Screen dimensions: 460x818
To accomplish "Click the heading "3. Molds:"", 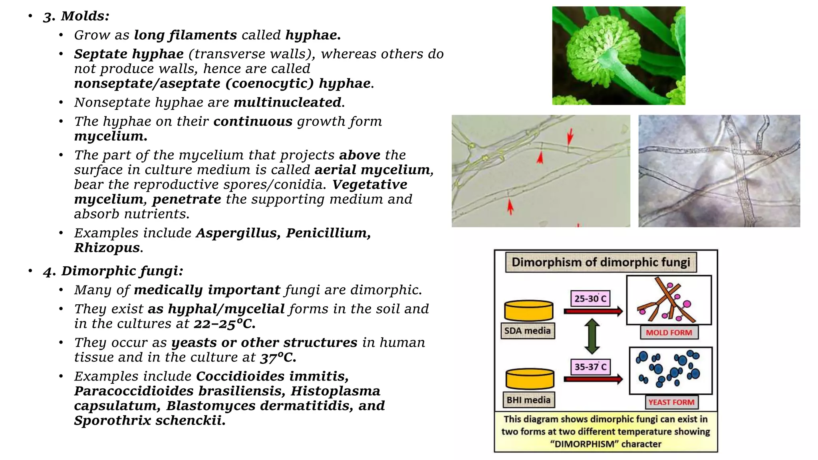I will click(76, 16).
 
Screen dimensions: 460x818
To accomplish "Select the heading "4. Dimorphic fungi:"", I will click(113, 271).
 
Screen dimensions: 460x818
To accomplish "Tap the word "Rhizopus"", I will click(107, 248).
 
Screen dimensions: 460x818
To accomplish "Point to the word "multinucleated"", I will click(288, 102).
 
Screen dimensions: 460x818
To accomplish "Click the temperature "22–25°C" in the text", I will click(224, 323).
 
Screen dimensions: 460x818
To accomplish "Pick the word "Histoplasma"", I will click(335, 391).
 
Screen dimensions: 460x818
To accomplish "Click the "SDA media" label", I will click(527, 331).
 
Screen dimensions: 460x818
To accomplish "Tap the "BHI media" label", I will click(528, 400).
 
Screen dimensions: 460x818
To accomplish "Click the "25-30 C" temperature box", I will click(590, 298).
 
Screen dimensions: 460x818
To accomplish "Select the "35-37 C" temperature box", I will click(590, 367).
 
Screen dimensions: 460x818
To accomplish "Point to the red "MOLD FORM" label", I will click(669, 333).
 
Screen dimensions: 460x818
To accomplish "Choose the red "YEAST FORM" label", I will click(671, 402).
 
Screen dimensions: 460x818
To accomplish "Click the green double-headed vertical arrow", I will click(592, 336).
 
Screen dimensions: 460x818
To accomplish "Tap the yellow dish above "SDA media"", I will click(528, 311).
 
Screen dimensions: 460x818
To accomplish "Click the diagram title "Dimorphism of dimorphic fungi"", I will click(601, 262).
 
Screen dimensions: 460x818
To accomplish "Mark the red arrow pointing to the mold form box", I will click(593, 311).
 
